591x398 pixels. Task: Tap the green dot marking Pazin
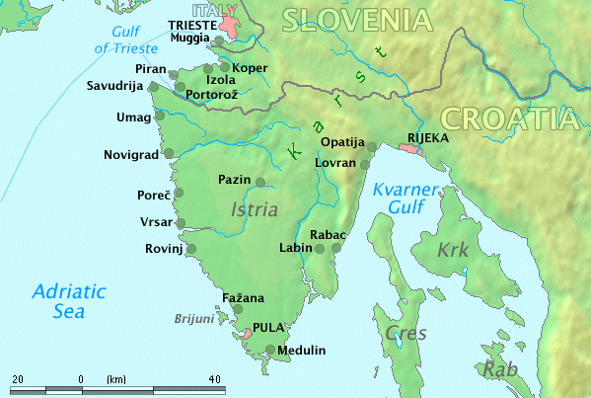(260, 182)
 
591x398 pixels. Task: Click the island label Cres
(406, 332)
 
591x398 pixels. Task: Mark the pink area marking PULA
(244, 336)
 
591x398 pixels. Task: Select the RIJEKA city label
(427, 138)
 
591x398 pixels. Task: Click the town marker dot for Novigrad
(168, 154)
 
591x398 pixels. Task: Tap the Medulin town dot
(271, 349)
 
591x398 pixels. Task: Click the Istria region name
(254, 209)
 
